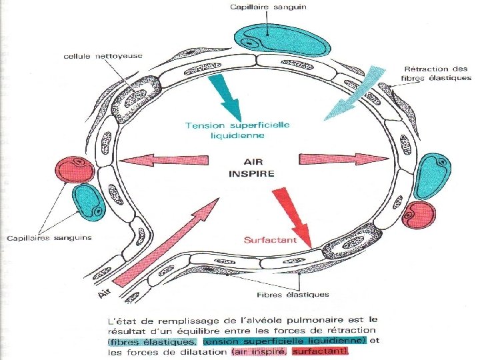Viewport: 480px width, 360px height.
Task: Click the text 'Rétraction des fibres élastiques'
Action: point(437,73)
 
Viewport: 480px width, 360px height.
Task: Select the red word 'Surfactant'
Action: point(270,240)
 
